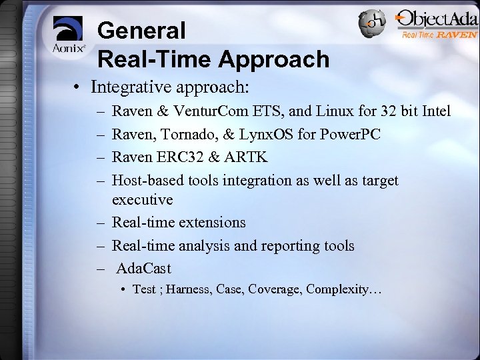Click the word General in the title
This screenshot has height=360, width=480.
pyautogui.click(x=141, y=30)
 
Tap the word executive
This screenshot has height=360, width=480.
pyautogui.click(x=142, y=199)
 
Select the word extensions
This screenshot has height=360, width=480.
pyautogui.click(x=211, y=222)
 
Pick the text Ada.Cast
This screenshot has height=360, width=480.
pyautogui.click(x=143, y=269)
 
